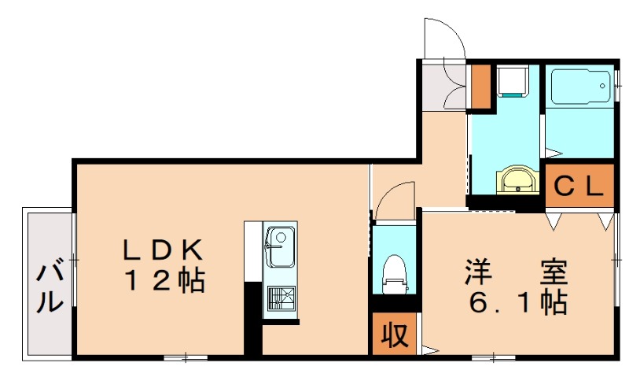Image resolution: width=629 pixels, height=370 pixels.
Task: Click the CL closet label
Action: click(x=579, y=187)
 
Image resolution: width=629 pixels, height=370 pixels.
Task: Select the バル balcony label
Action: click(x=50, y=287)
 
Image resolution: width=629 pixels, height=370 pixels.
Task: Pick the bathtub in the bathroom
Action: click(x=579, y=86)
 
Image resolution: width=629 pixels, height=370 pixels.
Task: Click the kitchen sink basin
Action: click(x=279, y=246)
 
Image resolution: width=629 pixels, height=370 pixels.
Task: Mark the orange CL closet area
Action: click(x=579, y=187)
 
